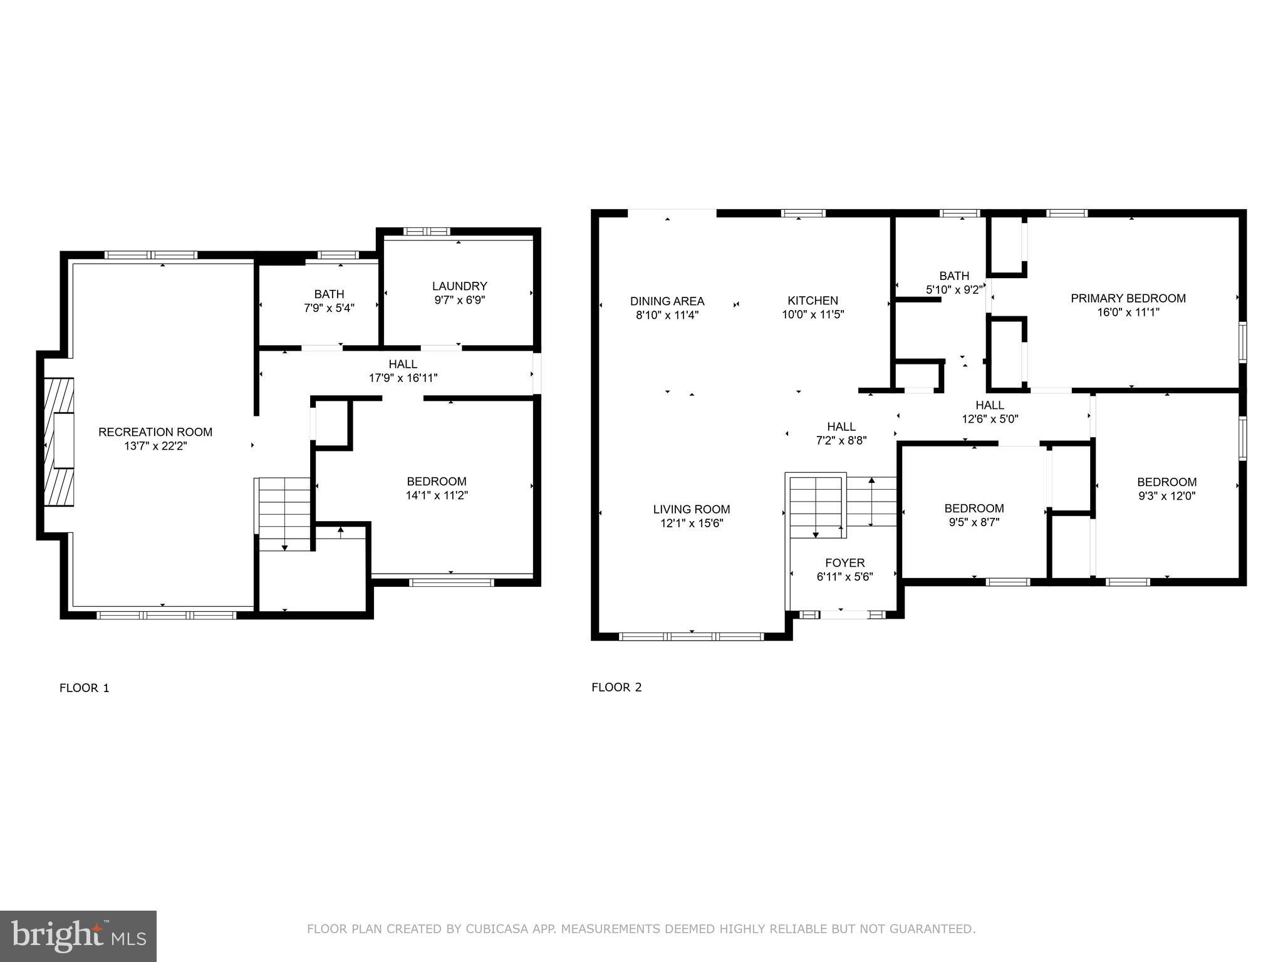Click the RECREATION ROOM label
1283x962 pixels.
(x=155, y=432)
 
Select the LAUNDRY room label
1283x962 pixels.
(x=459, y=286)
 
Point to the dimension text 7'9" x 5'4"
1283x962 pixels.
(x=329, y=308)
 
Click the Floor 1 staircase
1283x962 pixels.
(x=284, y=514)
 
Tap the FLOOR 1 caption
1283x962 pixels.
(x=85, y=688)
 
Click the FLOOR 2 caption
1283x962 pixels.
(x=616, y=687)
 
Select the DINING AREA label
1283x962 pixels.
(x=667, y=301)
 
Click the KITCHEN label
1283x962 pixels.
(x=813, y=301)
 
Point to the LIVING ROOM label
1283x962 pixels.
(x=692, y=509)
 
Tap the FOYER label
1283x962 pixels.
(x=844, y=563)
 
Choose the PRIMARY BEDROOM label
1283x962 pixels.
(x=1128, y=299)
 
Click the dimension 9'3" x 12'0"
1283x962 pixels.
(x=1166, y=496)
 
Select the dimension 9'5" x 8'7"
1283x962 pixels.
(x=974, y=522)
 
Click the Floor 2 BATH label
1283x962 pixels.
(x=954, y=276)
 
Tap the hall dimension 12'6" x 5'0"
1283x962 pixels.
(x=990, y=419)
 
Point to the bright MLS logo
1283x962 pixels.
(x=78, y=935)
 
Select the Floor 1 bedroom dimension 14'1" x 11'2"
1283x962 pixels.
(x=437, y=495)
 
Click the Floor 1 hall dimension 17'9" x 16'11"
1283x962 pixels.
(x=403, y=378)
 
